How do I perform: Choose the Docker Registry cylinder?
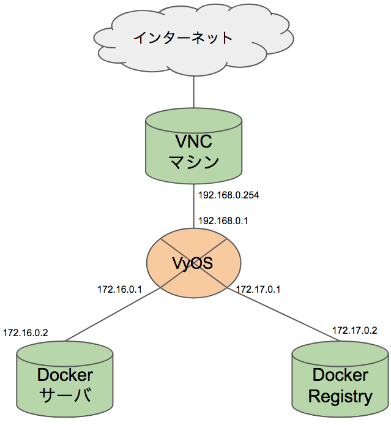pos(340,383)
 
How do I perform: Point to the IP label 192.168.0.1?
pos(223,220)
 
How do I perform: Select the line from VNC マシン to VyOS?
pos(194,205)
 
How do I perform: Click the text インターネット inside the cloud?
pos(184,38)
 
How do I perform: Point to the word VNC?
pos(193,141)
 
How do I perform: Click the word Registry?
pos(340,396)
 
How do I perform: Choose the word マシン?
pos(193,162)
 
